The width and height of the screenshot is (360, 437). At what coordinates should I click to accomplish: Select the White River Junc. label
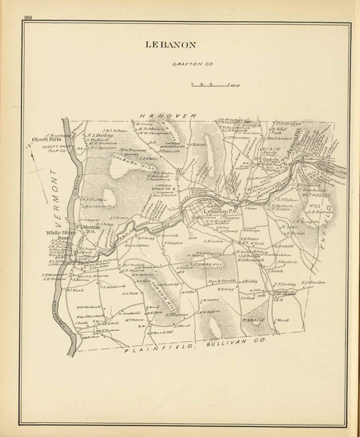coord(57,235)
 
